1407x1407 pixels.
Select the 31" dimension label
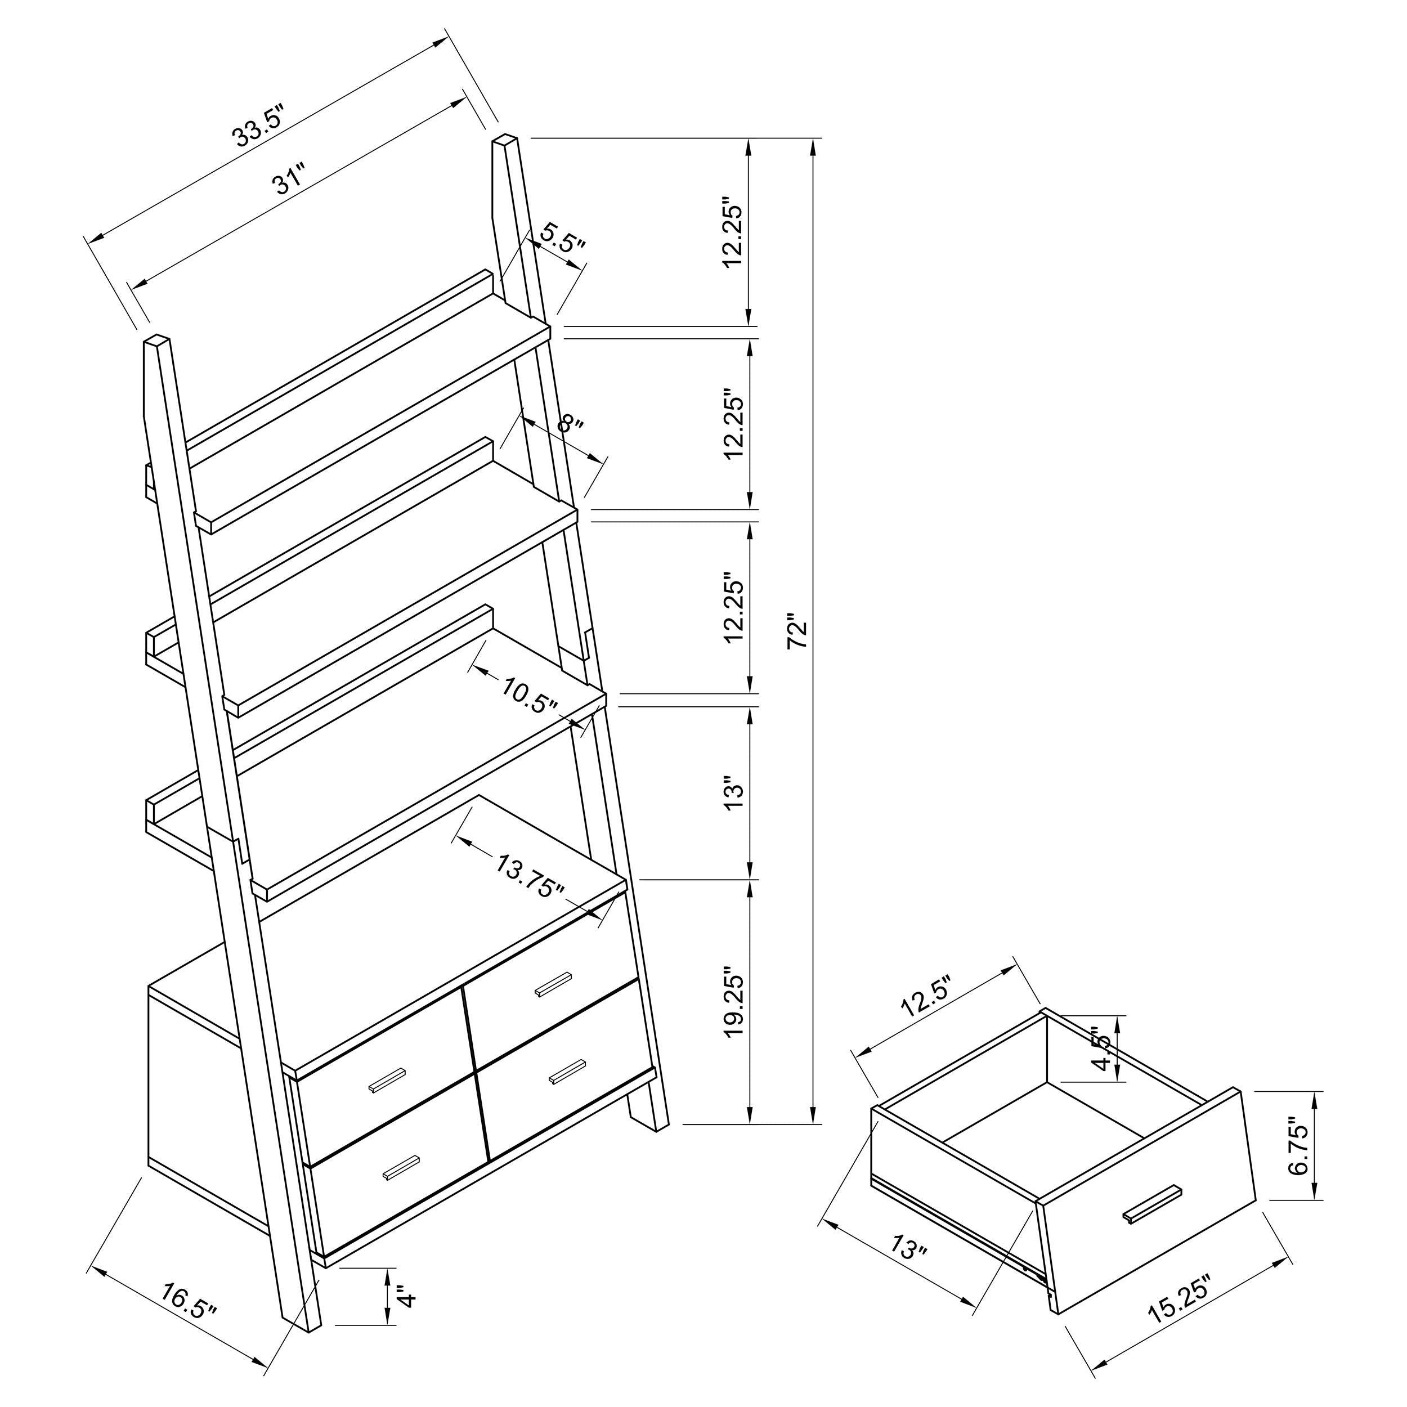pyautogui.click(x=288, y=181)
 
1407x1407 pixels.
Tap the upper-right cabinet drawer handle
pyautogui.click(x=554, y=984)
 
